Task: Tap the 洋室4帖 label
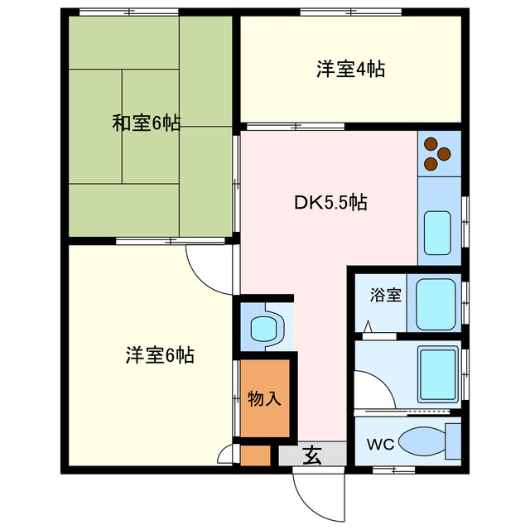pyautogui.click(x=350, y=69)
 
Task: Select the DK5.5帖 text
pyautogui.click(x=331, y=201)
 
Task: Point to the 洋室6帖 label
pyautogui.click(x=160, y=356)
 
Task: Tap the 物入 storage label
pyautogui.click(x=265, y=398)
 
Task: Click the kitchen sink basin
pyautogui.click(x=437, y=233)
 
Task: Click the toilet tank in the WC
pyautogui.click(x=452, y=442)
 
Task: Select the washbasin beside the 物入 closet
pyautogui.click(x=266, y=326)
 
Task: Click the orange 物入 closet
pyautogui.click(x=265, y=398)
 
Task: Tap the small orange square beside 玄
pyautogui.click(x=255, y=456)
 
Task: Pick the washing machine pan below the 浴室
pyautogui.click(x=435, y=372)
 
